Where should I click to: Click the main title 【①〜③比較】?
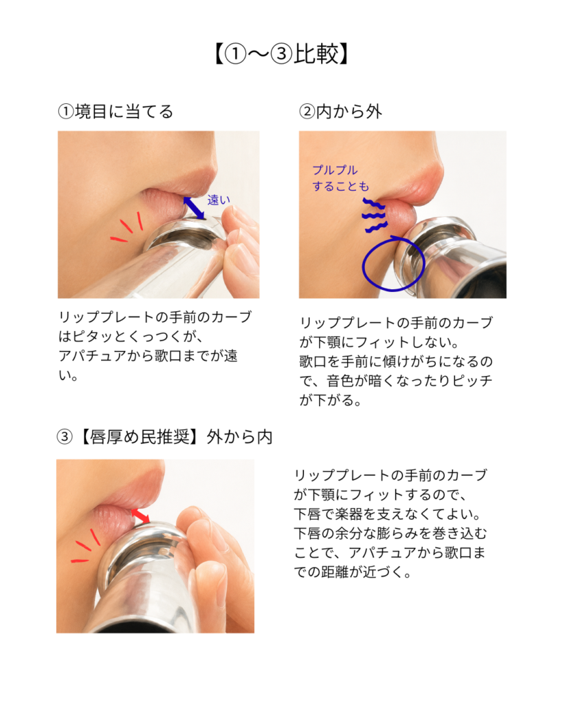coord(282,54)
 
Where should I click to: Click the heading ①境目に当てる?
coord(115,112)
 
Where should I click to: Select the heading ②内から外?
coord(341,112)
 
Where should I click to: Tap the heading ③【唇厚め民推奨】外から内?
coord(165,436)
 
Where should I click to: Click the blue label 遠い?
coord(219,200)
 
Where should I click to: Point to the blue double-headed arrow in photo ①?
coord(194,208)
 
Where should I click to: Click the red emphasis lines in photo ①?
coord(127,227)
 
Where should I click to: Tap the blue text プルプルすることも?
coord(341,178)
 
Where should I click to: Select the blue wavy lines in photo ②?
coord(374,215)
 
